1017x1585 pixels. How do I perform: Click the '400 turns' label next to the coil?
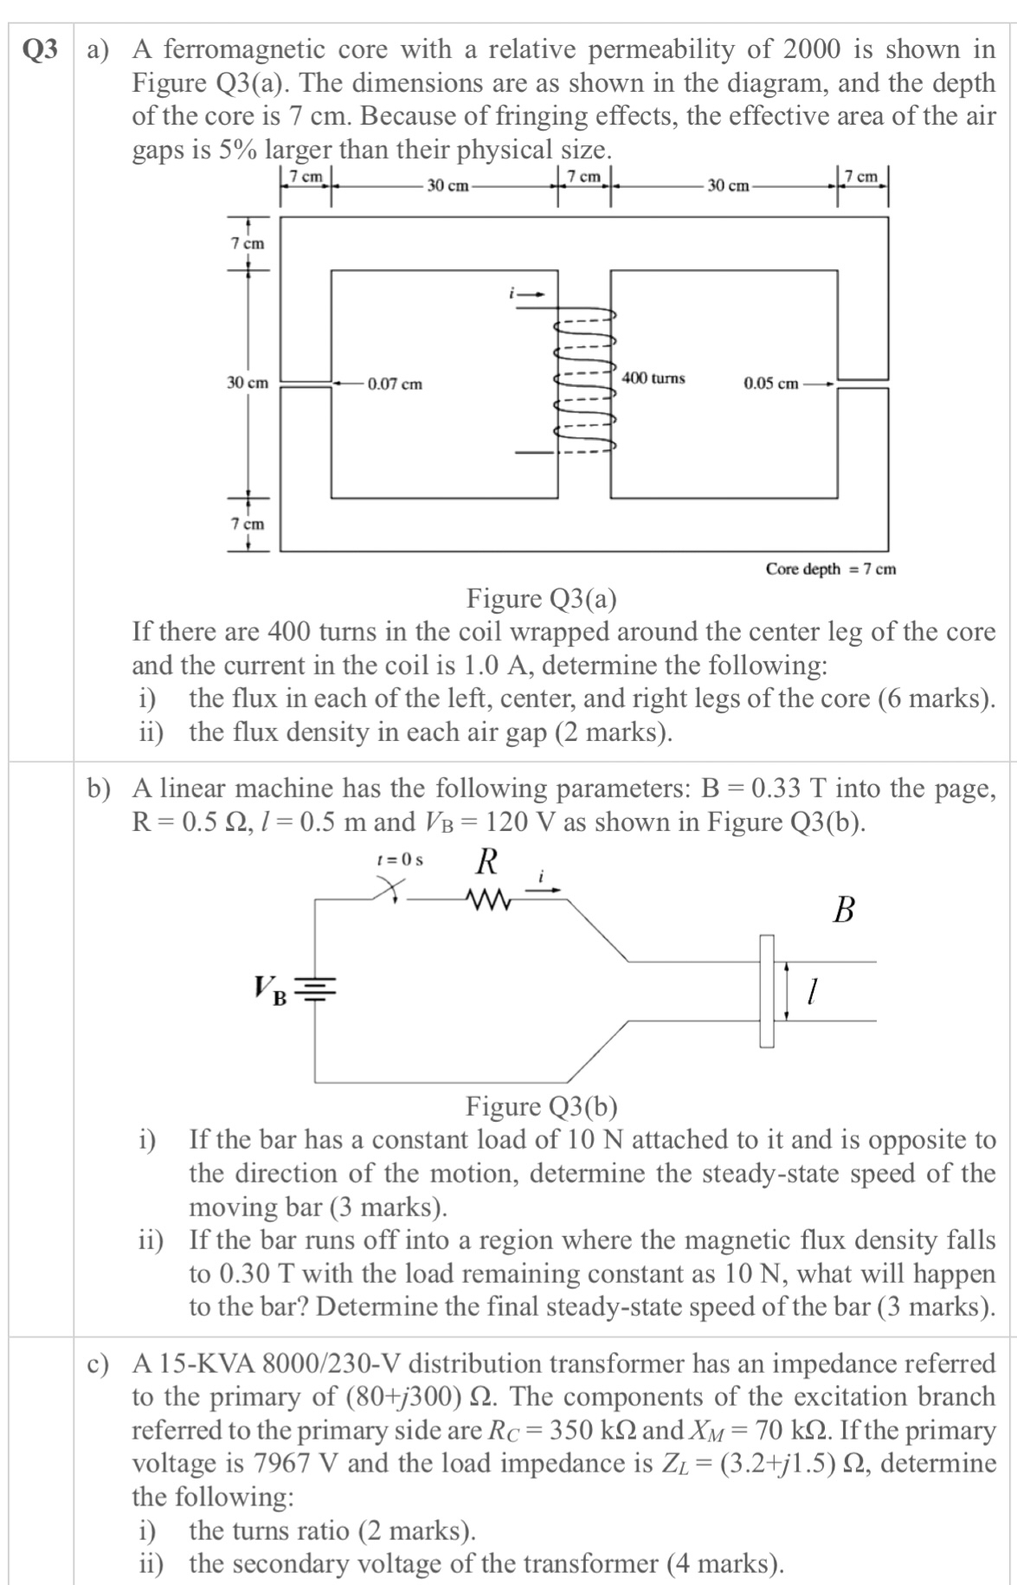coord(653,378)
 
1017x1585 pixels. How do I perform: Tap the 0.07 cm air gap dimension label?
coord(395,383)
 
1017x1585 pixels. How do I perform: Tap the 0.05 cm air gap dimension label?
coord(770,383)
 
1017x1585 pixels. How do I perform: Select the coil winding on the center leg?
coord(584,381)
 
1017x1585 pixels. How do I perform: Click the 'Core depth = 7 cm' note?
coord(830,569)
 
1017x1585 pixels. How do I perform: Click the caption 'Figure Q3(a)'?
coord(542,598)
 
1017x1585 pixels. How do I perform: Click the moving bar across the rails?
coord(767,990)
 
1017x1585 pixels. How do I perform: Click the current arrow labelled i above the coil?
coord(530,293)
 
